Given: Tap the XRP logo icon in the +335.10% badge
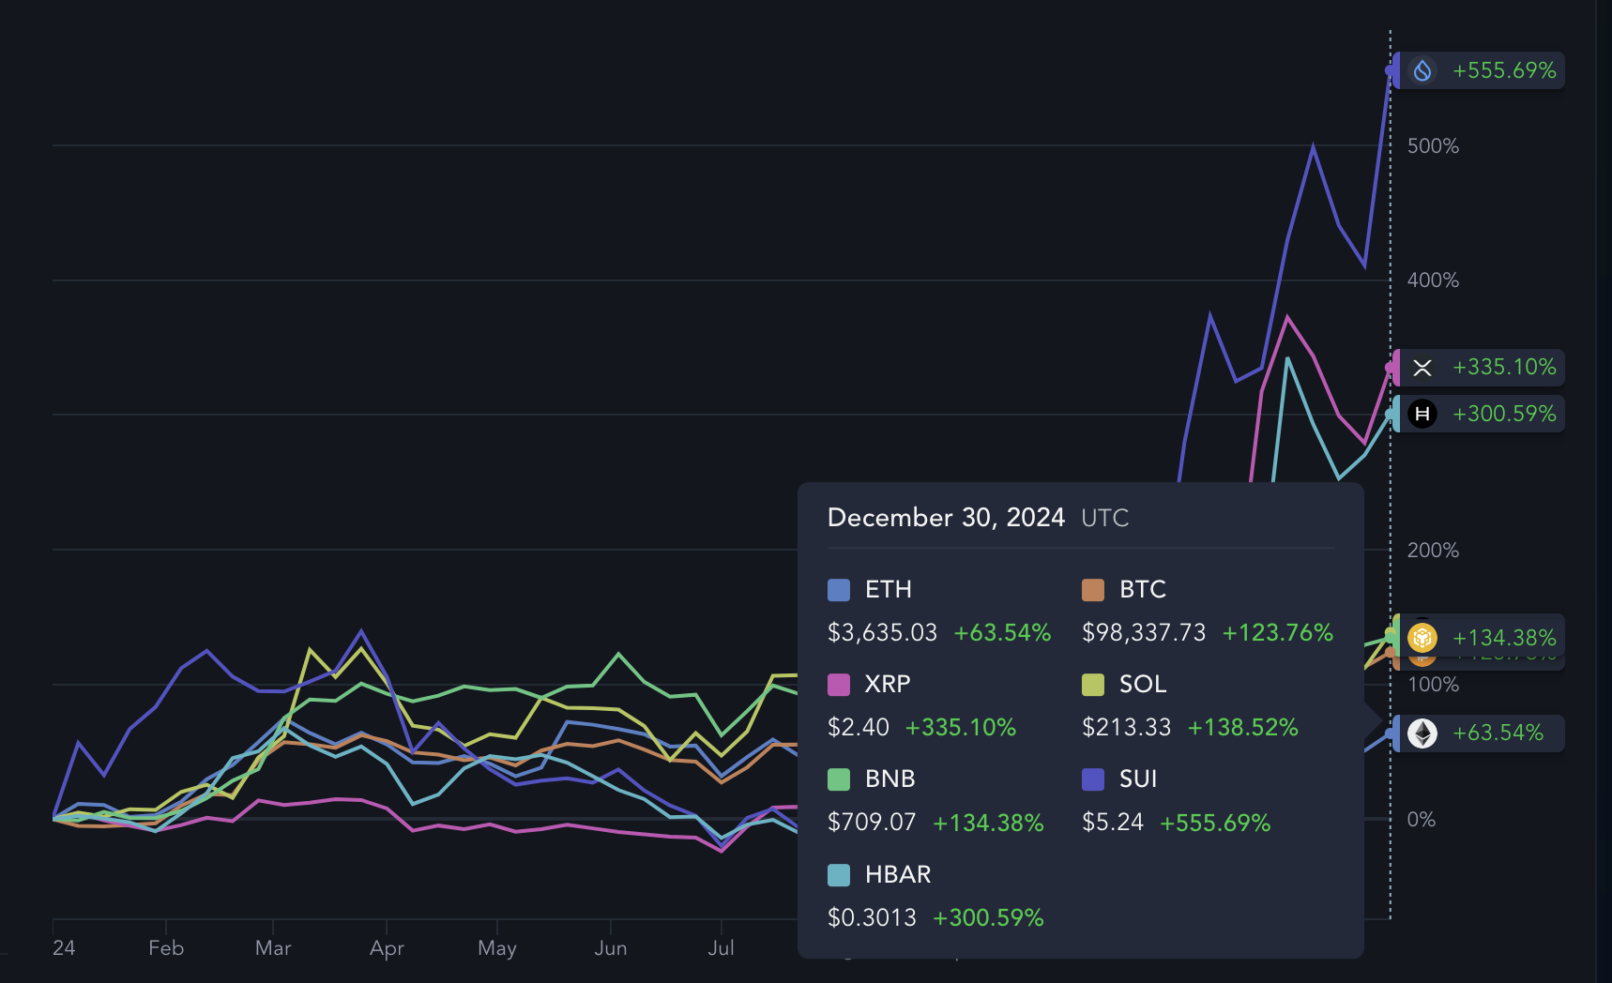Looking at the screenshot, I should point(1422,368).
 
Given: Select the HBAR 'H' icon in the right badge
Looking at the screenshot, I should point(1422,414).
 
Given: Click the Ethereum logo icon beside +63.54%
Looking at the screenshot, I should point(1422,733).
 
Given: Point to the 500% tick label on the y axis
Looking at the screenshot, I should point(1433,146).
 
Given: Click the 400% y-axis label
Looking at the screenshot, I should point(1433,280).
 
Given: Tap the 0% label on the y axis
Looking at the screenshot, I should point(1421,820).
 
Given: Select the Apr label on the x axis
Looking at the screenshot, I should point(387,948).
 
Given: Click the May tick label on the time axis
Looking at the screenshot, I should point(497,948).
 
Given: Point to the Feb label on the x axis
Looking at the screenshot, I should point(166,948).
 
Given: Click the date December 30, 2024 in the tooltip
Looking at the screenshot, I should point(946,518).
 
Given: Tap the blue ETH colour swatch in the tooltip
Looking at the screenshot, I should point(839,590).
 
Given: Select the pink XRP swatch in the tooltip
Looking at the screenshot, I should point(839,685).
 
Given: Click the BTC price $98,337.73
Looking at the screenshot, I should point(1144,633).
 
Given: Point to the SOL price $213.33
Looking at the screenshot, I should point(1126,728).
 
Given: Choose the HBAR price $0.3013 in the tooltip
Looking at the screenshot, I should point(872,918).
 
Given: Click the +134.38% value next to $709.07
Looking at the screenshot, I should point(988,824).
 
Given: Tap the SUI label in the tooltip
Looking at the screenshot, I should point(1138,779).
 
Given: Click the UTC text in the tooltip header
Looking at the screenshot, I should point(1104,519).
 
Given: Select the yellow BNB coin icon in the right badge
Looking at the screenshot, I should point(1422,638).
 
